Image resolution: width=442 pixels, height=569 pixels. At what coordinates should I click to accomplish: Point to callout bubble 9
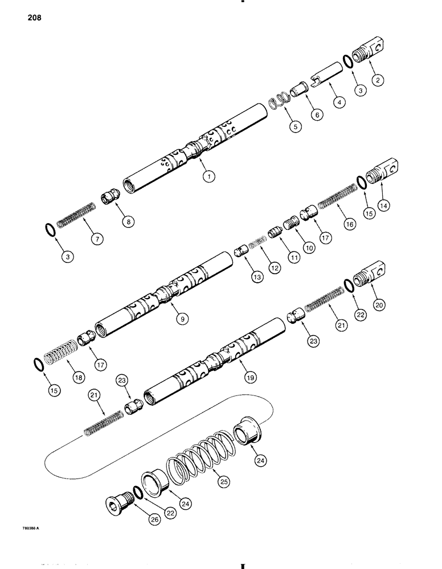pos(182,320)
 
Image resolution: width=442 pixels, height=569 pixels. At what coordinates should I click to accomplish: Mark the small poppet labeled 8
pos(109,197)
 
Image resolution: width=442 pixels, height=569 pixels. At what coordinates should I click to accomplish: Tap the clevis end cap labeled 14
pos(385,172)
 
